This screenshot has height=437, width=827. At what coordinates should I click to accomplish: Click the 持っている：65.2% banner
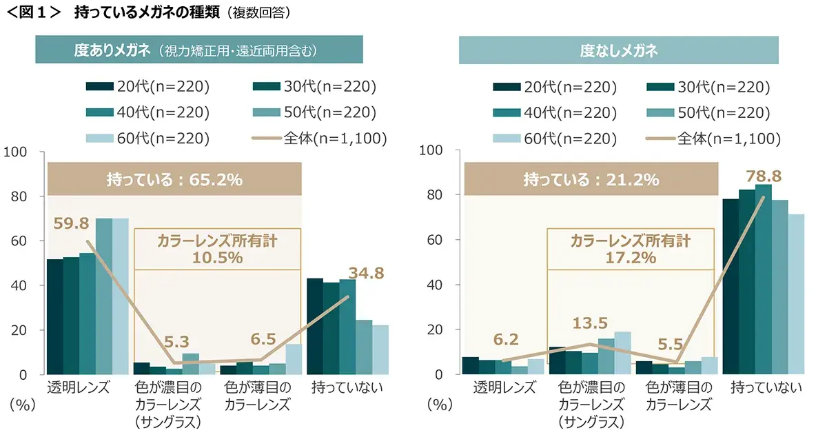[174, 180]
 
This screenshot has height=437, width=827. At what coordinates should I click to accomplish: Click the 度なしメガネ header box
[618, 50]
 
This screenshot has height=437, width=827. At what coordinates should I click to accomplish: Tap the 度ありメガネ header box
[199, 50]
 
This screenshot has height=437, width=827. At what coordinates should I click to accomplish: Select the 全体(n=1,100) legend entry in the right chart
[713, 139]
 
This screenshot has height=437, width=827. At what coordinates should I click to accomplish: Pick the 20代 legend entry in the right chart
[555, 87]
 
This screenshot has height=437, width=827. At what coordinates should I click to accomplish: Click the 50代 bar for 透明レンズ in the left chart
[104, 296]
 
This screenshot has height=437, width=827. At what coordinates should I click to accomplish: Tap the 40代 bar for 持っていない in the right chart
[763, 279]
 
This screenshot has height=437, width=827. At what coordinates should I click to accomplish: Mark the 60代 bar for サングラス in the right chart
[622, 353]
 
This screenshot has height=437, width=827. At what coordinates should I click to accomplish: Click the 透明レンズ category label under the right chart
[504, 387]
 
